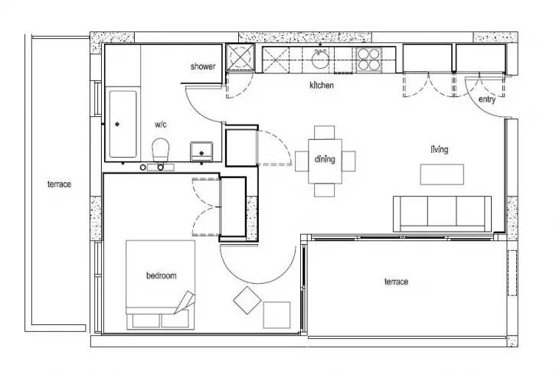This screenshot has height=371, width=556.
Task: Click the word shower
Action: (203, 67)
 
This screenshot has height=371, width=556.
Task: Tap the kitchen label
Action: (322, 85)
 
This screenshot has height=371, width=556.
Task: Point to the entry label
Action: (487, 99)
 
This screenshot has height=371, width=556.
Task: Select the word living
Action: (440, 149)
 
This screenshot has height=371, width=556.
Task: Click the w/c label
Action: (161, 125)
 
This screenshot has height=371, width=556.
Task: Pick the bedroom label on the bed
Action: (162, 275)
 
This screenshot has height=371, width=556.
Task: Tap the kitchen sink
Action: (321, 58)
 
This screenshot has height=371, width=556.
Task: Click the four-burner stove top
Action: (368, 59)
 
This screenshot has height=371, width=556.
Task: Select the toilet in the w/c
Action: (161, 149)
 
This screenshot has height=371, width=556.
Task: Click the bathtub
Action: (123, 124)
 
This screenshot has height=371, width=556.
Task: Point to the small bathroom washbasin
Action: (201, 151)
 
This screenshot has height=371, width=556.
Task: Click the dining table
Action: (325, 161)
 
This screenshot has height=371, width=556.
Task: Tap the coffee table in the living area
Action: (442, 174)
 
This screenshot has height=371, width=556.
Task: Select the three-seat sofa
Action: (442, 213)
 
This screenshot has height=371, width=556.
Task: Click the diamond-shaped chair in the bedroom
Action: (247, 301)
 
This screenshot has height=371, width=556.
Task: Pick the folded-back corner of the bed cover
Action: (185, 302)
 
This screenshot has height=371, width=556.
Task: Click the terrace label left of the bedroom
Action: (59, 184)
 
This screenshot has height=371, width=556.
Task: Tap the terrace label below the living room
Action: (396, 282)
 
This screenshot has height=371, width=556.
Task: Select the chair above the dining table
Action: (325, 132)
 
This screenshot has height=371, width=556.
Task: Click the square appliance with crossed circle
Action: (240, 57)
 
